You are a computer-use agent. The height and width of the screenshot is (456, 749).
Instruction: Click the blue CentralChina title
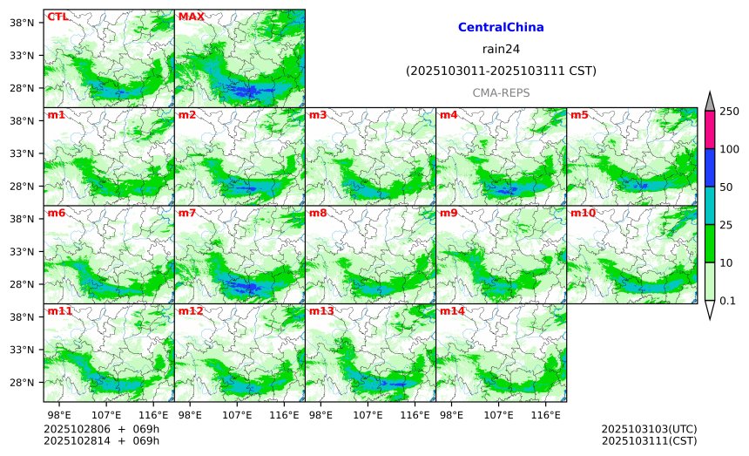(501, 28)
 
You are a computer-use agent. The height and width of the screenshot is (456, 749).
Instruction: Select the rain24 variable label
(501, 49)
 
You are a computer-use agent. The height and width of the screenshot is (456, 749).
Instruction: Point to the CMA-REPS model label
(501, 92)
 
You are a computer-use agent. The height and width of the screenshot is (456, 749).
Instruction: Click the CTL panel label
(57, 17)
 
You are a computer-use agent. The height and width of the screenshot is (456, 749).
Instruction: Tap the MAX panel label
(191, 17)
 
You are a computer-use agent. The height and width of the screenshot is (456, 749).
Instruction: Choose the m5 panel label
(579, 115)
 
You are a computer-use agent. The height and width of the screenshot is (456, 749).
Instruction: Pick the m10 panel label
(583, 213)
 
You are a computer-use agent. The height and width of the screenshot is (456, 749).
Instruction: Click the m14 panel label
(452, 311)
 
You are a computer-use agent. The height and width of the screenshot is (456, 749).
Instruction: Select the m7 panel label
(187, 213)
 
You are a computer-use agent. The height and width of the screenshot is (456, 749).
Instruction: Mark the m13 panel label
(321, 311)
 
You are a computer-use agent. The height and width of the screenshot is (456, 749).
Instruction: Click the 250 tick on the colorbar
(729, 111)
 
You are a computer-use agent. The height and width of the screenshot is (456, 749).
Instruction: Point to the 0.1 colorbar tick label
(728, 301)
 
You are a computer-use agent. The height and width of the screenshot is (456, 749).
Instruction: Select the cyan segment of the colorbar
(710, 205)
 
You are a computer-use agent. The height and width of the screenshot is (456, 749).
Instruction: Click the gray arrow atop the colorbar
(710, 101)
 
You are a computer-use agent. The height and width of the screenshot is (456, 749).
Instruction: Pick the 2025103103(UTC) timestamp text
(649, 430)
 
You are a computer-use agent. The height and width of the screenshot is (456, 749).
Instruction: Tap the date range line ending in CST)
(501, 71)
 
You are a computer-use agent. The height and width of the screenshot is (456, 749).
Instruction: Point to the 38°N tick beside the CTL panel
(31, 23)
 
